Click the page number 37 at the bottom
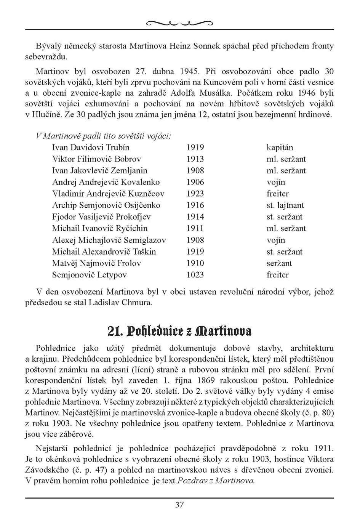point(179,505)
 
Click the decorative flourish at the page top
point(179,24)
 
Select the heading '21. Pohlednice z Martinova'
point(179,331)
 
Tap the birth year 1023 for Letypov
point(195,275)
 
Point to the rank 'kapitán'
point(280,147)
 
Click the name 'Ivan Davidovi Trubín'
point(91,147)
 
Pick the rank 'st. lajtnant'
point(285,205)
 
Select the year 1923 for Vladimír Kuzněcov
point(195,194)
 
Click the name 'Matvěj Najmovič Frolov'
point(96,263)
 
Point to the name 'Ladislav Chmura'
point(120,303)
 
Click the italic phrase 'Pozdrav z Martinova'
point(216,481)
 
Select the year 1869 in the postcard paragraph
point(211,380)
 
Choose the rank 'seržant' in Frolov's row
point(279,263)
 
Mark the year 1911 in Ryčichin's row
point(195,229)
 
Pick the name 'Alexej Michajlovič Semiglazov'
point(109,240)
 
